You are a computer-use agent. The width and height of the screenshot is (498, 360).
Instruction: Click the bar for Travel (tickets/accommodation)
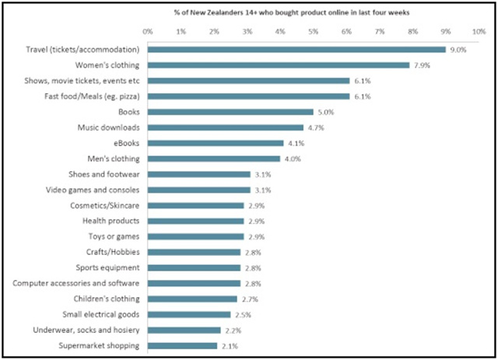pos(296,49)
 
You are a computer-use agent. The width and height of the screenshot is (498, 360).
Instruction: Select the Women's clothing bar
pos(278,65)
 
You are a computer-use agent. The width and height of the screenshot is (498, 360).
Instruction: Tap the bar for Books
pos(230,112)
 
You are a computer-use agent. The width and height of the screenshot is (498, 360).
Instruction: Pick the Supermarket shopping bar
pos(182,345)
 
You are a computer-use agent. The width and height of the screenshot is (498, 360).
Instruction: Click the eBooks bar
pos(216,143)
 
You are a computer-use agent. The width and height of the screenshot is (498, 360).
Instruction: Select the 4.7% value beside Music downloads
pos(315,128)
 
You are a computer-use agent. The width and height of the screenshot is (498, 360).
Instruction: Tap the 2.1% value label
pos(229,345)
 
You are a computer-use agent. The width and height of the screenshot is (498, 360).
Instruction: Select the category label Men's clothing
pos(110,159)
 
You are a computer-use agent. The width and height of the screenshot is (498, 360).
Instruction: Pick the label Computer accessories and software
pos(76,283)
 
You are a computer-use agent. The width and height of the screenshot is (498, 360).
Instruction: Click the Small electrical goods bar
pos(189,314)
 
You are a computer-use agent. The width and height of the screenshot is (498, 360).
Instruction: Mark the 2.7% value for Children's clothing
pos(249,299)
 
